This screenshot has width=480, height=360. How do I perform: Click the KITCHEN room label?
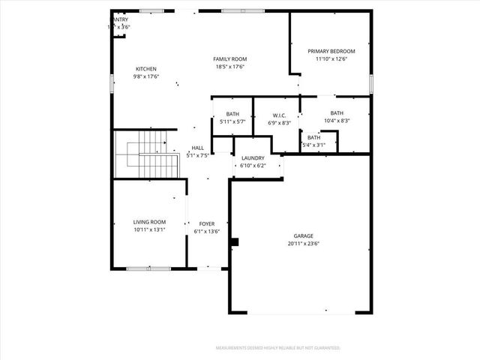pos(145,69)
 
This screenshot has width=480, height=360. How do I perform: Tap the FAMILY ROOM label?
pos(229,59)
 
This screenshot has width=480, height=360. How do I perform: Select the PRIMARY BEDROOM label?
pos(331,51)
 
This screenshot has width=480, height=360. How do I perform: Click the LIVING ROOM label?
pos(149,222)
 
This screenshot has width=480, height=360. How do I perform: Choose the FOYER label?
pos(207,223)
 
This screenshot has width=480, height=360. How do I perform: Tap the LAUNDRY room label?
pos(253,157)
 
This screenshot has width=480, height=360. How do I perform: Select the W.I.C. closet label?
pos(276,115)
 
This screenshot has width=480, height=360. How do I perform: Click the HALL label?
pos(198,148)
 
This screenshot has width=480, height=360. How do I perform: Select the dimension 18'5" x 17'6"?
pos(229,67)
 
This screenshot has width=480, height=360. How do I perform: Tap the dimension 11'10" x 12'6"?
pos(331,59)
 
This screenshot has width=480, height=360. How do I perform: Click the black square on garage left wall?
pos(235,241)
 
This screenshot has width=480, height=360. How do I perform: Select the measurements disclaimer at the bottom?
pos(277,348)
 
